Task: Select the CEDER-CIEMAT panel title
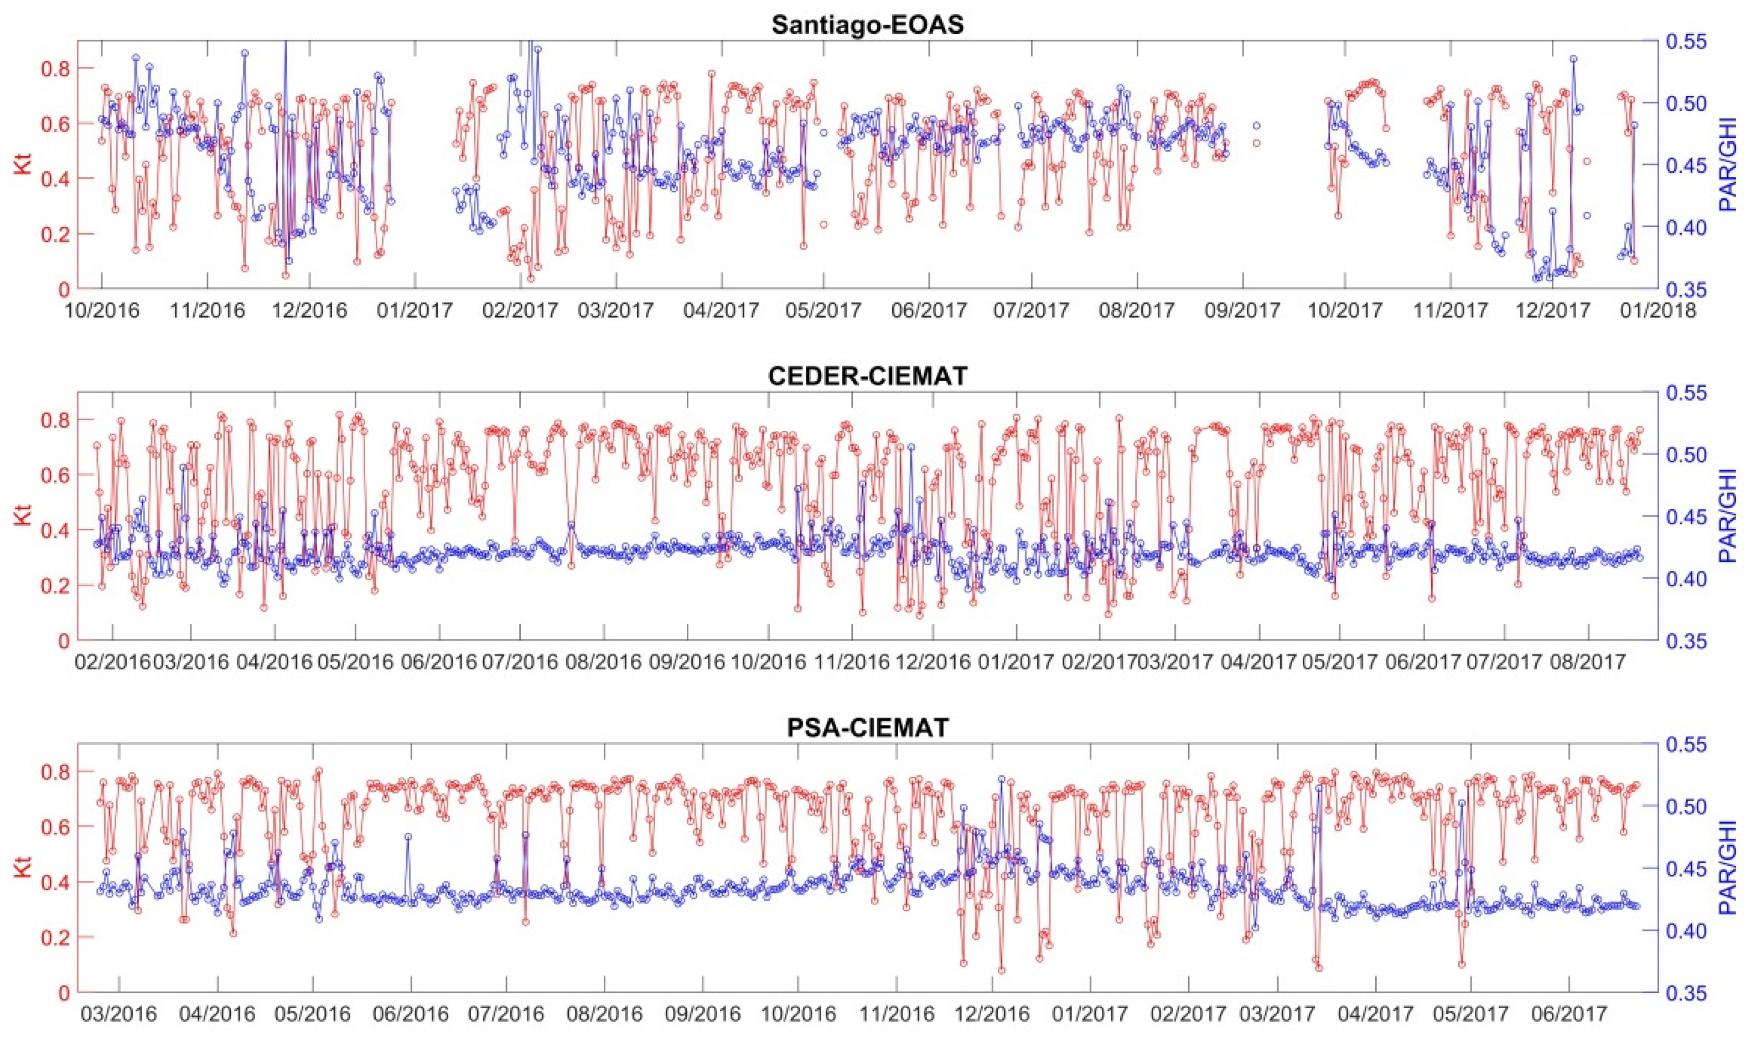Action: click(867, 376)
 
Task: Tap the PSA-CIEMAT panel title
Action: click(867, 728)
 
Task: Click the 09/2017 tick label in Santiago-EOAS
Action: click(1243, 309)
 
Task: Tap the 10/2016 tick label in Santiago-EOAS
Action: click(102, 309)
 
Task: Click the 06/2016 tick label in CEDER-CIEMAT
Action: click(439, 662)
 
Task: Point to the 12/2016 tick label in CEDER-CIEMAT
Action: click(934, 662)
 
